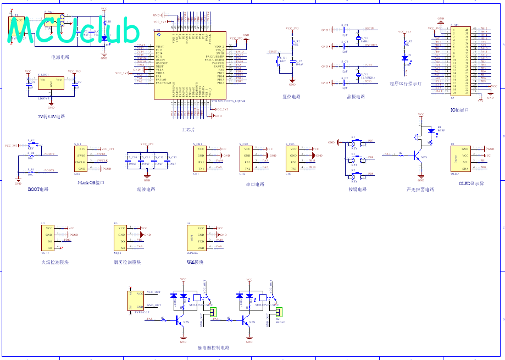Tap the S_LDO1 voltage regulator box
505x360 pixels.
point(51,83)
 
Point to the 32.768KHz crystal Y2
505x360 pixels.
point(357,74)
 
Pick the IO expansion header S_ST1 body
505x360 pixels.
point(460,60)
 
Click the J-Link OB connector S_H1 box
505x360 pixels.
point(81,159)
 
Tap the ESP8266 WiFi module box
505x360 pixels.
point(197,237)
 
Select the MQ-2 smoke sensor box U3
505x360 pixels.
point(121,237)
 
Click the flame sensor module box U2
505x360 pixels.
point(48,237)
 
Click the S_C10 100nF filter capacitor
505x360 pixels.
point(131,161)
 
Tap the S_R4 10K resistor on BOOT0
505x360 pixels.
point(31,156)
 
